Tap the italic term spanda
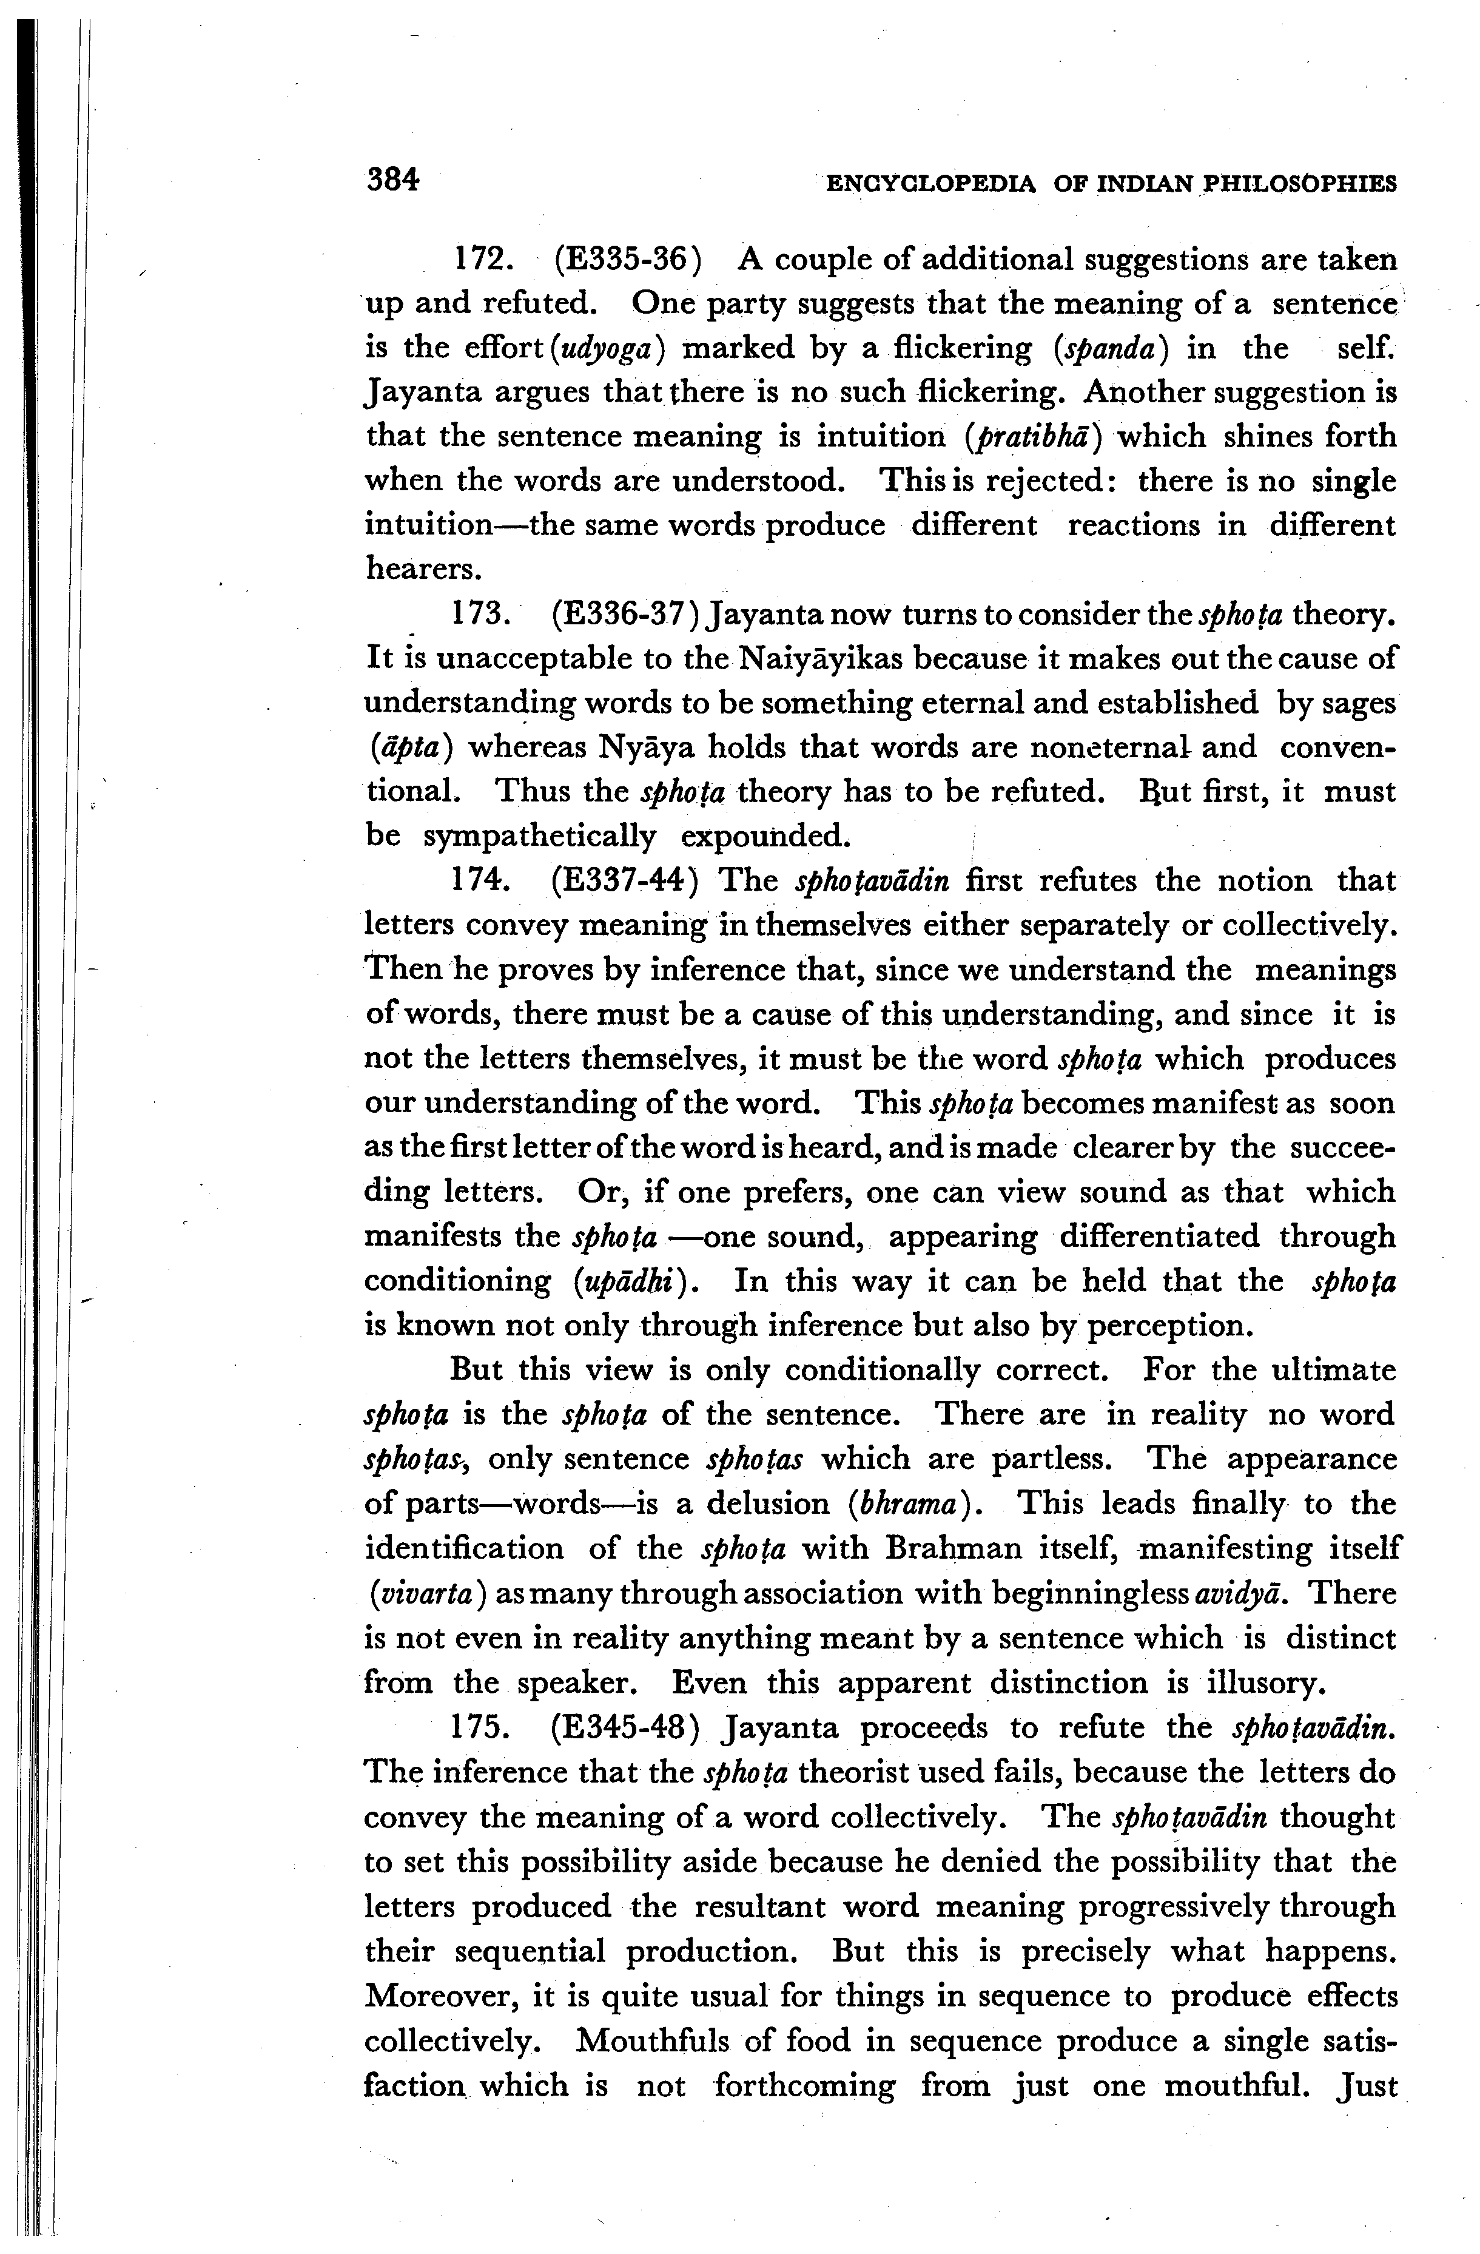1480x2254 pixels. click(x=1112, y=348)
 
